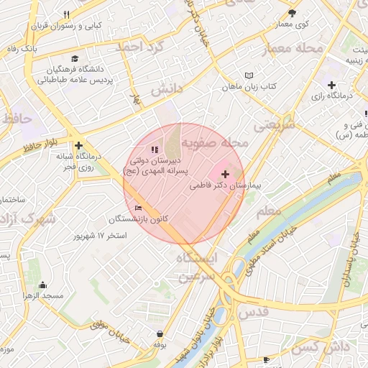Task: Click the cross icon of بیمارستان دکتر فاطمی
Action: tap(226, 174)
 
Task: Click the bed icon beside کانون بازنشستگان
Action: tap(138, 208)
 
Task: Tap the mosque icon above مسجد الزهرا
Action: tap(42, 285)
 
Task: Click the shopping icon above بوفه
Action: tap(160, 333)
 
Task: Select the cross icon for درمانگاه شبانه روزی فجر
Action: tap(78, 144)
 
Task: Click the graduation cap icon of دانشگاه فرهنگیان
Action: tap(75, 59)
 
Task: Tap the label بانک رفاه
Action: tap(22, 49)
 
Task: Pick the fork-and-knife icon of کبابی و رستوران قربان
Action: tap(67, 14)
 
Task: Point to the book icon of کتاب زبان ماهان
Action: tap(249, 75)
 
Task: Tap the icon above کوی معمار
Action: tap(292, 13)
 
